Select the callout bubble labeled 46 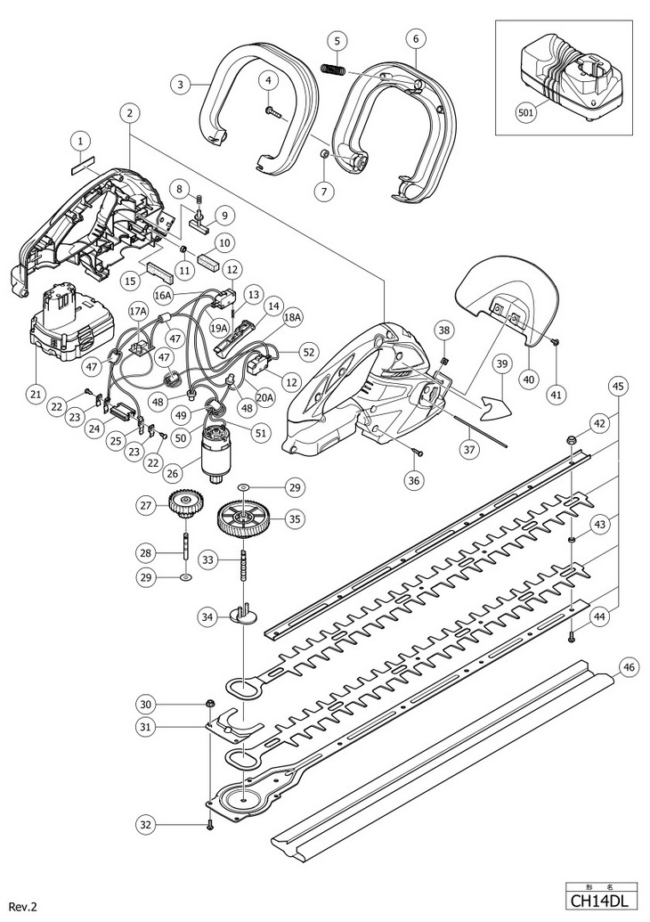[629, 665]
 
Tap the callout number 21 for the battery [35, 394]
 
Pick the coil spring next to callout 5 [333, 68]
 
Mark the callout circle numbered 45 [617, 386]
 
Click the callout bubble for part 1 [80, 141]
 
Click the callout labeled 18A [293, 317]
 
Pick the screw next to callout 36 [417, 454]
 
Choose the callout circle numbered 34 [209, 616]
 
